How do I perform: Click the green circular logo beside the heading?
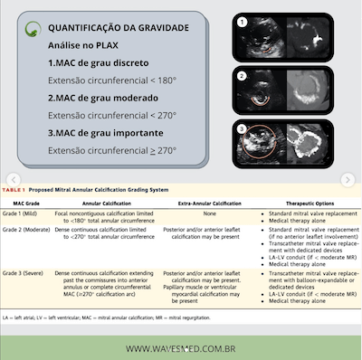[x=33, y=28]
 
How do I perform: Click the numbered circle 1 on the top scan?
[x=243, y=19]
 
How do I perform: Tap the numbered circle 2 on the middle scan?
[x=243, y=74]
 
